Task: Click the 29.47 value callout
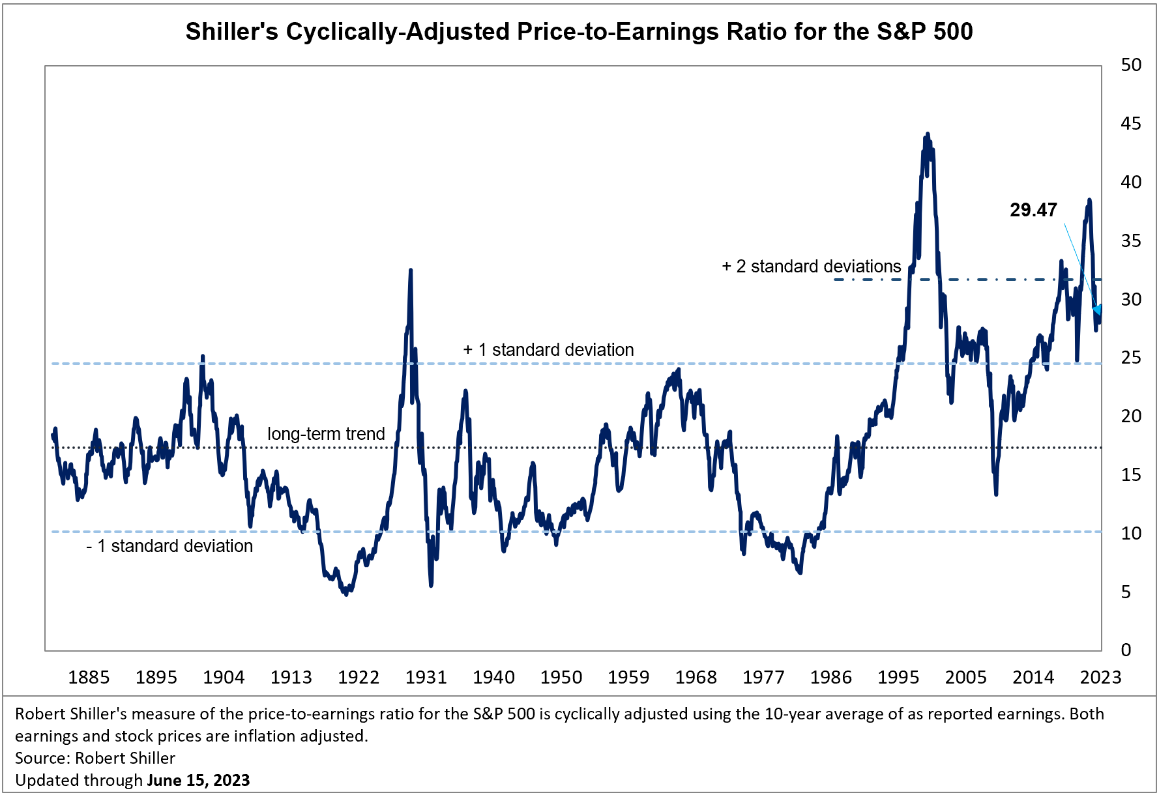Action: (x=1033, y=210)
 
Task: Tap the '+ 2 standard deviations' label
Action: (x=811, y=267)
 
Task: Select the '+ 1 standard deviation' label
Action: (x=548, y=350)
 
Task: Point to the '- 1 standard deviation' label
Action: (x=169, y=546)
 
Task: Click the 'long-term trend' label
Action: (x=326, y=434)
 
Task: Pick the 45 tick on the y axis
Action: (x=1131, y=124)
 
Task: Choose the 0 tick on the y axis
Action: (x=1126, y=650)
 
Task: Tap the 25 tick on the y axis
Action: (x=1131, y=358)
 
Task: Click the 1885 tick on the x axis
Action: (x=89, y=678)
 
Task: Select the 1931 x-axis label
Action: (x=426, y=678)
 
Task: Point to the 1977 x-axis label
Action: (x=763, y=678)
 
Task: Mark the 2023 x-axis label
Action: (x=1100, y=678)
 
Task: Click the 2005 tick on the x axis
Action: (x=965, y=678)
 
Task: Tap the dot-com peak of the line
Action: (x=928, y=134)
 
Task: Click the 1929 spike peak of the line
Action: (x=411, y=270)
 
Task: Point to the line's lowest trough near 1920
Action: (x=346, y=594)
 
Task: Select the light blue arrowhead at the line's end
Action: (x=1098, y=311)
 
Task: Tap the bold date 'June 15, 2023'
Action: (x=198, y=780)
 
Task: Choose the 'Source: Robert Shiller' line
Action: (x=95, y=758)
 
